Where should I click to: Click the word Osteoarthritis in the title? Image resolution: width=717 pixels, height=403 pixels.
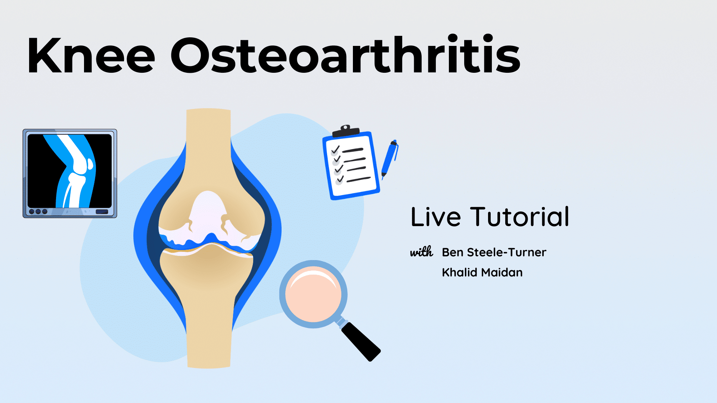pyautogui.click(x=345, y=54)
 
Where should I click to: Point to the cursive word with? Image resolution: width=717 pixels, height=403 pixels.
pyautogui.click(x=422, y=252)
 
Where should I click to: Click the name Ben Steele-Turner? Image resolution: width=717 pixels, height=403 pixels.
pyautogui.click(x=494, y=252)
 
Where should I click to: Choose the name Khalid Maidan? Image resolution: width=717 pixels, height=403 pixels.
pyautogui.click(x=482, y=272)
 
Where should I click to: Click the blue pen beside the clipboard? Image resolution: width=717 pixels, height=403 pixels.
pyautogui.click(x=389, y=159)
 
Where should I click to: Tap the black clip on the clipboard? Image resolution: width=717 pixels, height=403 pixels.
pyautogui.click(x=346, y=131)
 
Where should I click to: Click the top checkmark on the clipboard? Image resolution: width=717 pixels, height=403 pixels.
pyautogui.click(x=335, y=150)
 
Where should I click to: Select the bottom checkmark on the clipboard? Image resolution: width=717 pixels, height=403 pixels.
pyautogui.click(x=340, y=179)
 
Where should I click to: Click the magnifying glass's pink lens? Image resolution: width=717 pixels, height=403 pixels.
pyautogui.click(x=313, y=294)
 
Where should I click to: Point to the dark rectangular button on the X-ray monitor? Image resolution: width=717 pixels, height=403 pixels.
pyautogui.click(x=102, y=212)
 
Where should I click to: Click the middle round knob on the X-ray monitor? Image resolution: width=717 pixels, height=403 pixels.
pyautogui.click(x=38, y=212)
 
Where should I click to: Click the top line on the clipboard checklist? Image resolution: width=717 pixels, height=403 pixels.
pyautogui.click(x=353, y=150)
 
